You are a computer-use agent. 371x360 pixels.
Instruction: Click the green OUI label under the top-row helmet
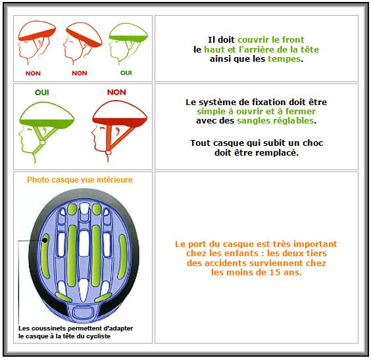tap(126, 73)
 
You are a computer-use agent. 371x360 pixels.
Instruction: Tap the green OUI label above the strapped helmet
tap(42, 93)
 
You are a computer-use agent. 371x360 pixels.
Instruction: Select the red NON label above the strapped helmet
tap(116, 92)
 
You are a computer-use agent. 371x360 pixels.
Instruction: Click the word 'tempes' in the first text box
tap(284, 59)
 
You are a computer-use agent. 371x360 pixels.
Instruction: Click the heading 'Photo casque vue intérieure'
tap(80, 180)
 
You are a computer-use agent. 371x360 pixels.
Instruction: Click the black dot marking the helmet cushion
tap(45, 240)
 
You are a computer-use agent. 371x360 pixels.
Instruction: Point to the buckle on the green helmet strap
tap(42, 143)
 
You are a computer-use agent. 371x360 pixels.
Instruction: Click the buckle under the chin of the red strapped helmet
tap(109, 152)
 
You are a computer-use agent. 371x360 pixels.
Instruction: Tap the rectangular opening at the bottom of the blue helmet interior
tap(83, 313)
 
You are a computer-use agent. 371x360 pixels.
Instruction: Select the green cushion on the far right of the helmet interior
tap(122, 257)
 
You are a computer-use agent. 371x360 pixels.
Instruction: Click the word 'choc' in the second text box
tap(313, 143)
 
